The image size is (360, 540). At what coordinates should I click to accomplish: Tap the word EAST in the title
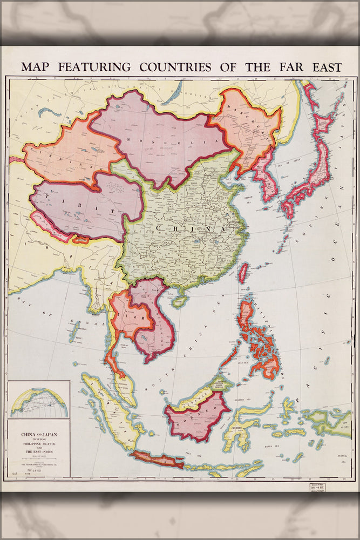click(x=323, y=67)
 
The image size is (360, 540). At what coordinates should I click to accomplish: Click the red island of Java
click(x=157, y=460)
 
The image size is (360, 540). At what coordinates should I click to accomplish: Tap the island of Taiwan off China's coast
click(x=243, y=273)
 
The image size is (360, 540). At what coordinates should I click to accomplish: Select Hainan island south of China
click(x=179, y=300)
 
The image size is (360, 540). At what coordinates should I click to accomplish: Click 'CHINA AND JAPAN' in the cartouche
click(x=39, y=434)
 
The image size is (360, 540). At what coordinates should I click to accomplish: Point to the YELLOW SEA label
click(x=249, y=198)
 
